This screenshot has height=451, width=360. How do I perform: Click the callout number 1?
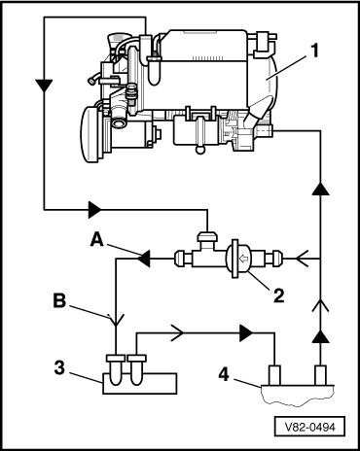coord(313,52)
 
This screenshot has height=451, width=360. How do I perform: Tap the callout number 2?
coord(278,295)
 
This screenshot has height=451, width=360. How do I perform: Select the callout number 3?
coord(60,368)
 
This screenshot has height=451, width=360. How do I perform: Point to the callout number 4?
coord(224,374)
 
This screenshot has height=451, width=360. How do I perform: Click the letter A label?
coord(97,240)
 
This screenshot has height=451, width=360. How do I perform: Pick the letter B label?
coord(59,301)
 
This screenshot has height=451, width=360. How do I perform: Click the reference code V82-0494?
coord(309,427)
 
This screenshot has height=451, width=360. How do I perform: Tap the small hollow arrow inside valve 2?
coord(242,259)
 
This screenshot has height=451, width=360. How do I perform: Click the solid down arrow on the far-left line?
coord(44,86)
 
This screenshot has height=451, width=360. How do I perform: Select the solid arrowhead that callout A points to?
coord(144,259)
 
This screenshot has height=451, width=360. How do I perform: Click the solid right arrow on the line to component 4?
coord(246,332)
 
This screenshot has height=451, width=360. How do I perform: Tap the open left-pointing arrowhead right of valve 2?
coord(302,259)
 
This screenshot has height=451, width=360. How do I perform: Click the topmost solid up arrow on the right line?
coord(320,189)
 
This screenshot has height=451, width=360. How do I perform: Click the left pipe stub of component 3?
coord(115,370)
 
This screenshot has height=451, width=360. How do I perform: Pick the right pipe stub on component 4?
coord(320,375)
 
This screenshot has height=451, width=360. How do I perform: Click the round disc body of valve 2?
coord(238,259)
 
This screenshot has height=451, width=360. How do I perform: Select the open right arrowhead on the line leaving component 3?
coord(177,332)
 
